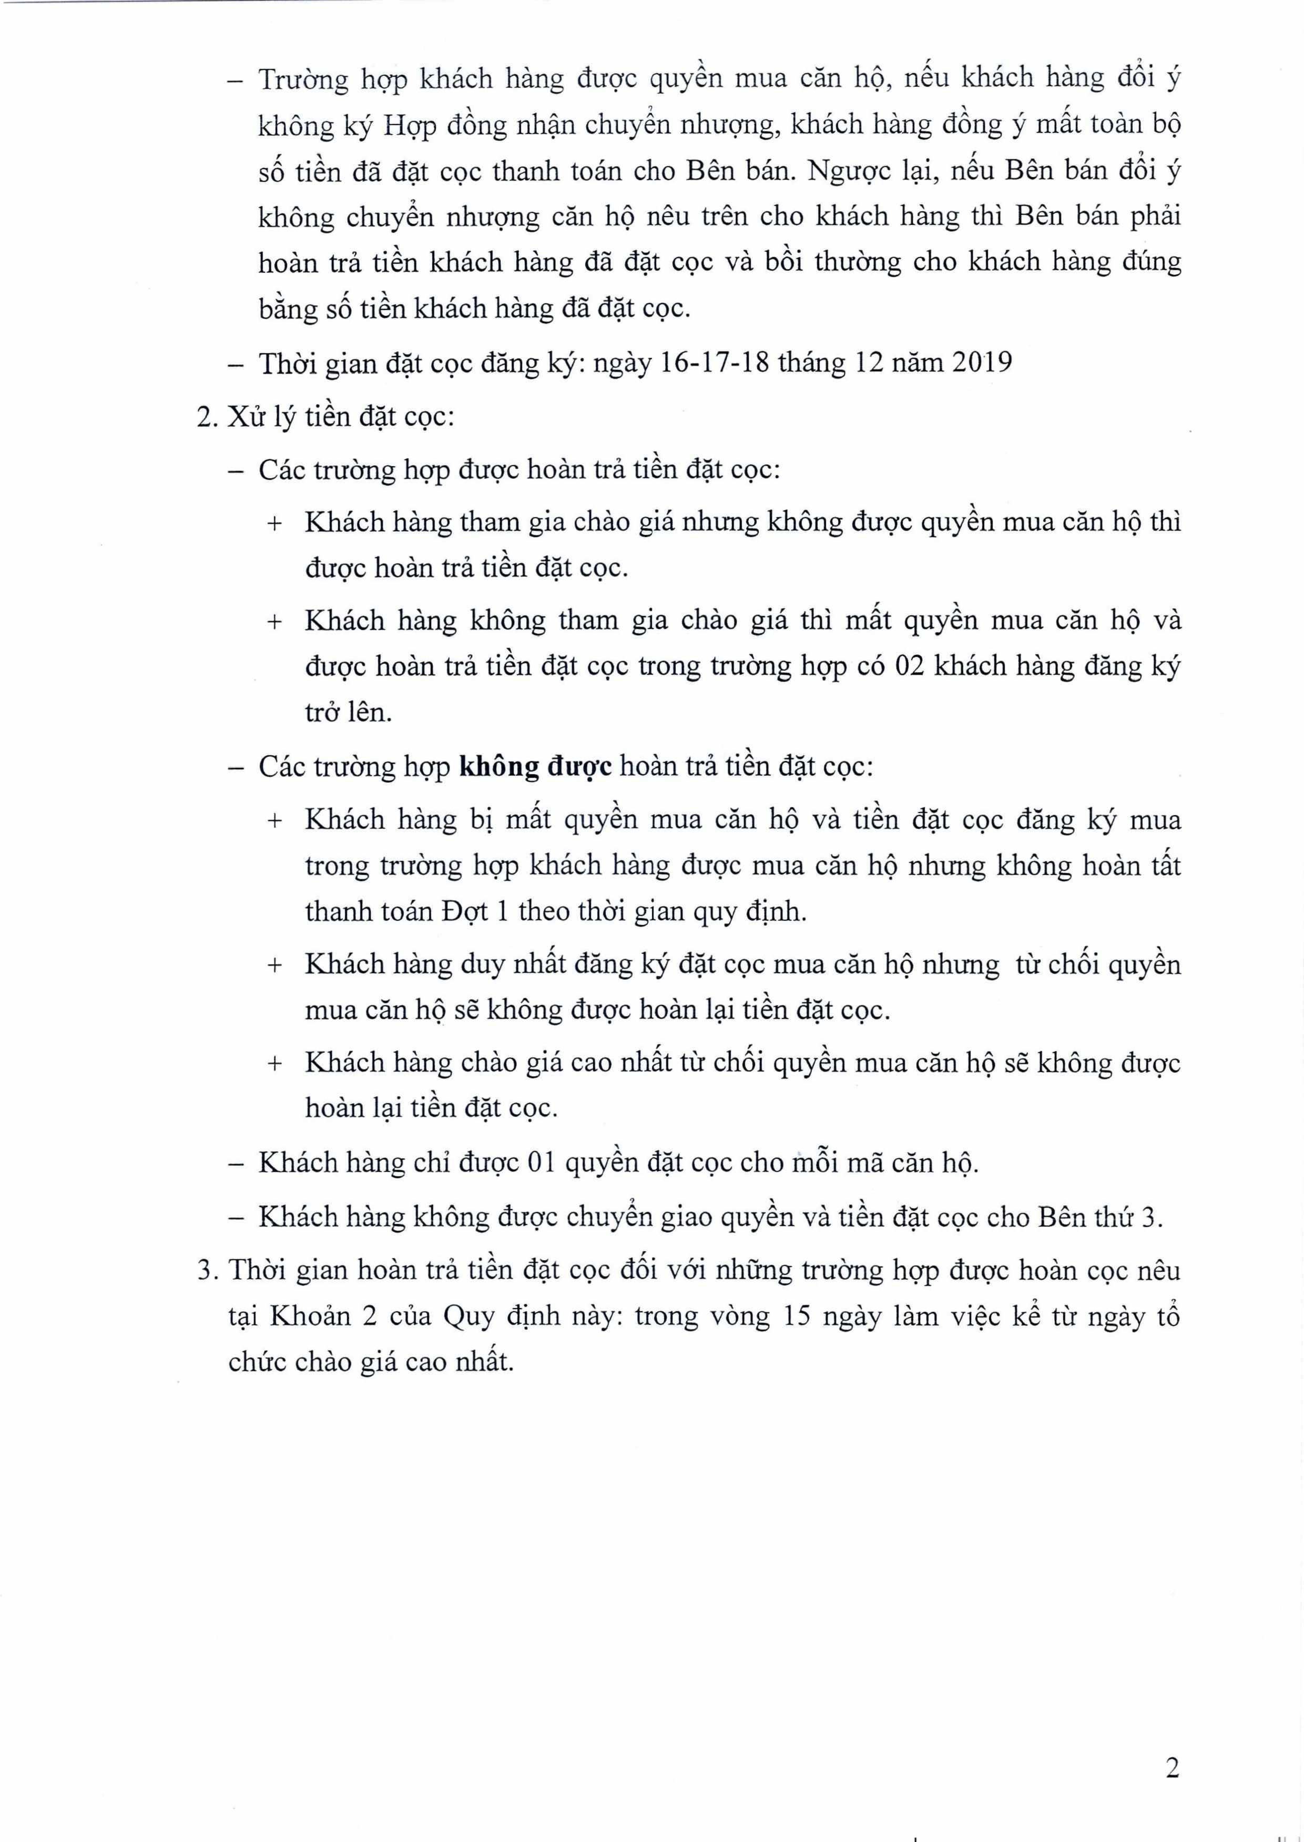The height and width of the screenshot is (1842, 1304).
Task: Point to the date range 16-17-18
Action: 714,363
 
